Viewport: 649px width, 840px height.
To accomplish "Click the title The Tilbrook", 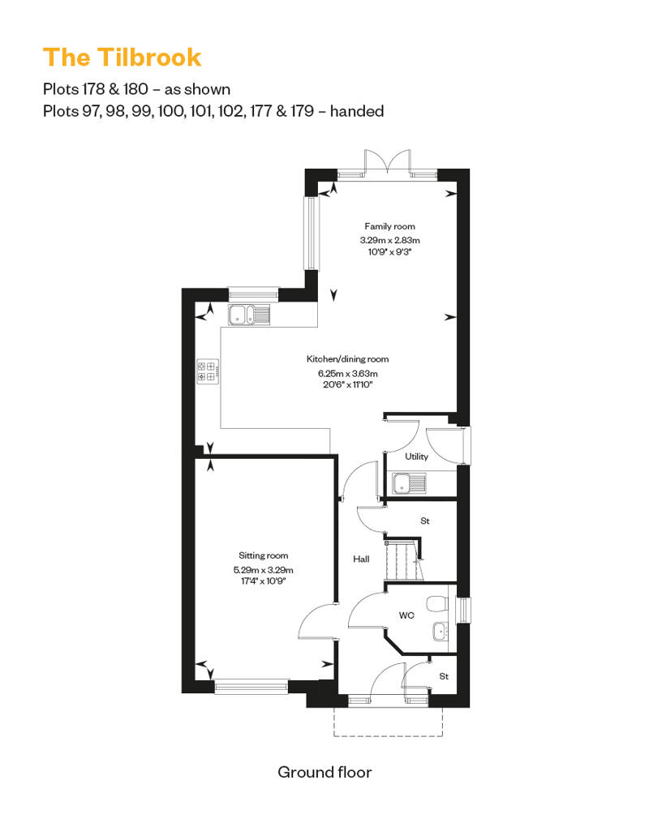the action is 122,58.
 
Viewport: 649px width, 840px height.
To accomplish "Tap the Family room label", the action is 389,226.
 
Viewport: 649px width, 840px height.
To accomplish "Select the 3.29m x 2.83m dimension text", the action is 389,240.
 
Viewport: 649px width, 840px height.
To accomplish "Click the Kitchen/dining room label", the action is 347,359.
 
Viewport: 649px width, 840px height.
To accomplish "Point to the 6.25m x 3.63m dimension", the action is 347,374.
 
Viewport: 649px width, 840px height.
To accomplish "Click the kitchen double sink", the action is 249,315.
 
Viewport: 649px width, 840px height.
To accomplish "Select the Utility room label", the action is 416,456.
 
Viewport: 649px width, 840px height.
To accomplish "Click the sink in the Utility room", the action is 410,484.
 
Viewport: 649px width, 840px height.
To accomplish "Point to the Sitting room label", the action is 263,555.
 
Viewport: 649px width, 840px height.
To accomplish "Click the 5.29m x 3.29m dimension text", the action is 263,570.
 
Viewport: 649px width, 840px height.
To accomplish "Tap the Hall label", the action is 361,559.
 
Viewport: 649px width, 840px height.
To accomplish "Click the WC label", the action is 406,615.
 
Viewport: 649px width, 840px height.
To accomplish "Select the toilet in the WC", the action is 437,604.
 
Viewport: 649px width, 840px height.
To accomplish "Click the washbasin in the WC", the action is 441,632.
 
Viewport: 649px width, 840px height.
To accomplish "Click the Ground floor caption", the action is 324,772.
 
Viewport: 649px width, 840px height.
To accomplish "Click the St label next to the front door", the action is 444,676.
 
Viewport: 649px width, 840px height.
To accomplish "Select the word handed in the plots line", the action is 357,111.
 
